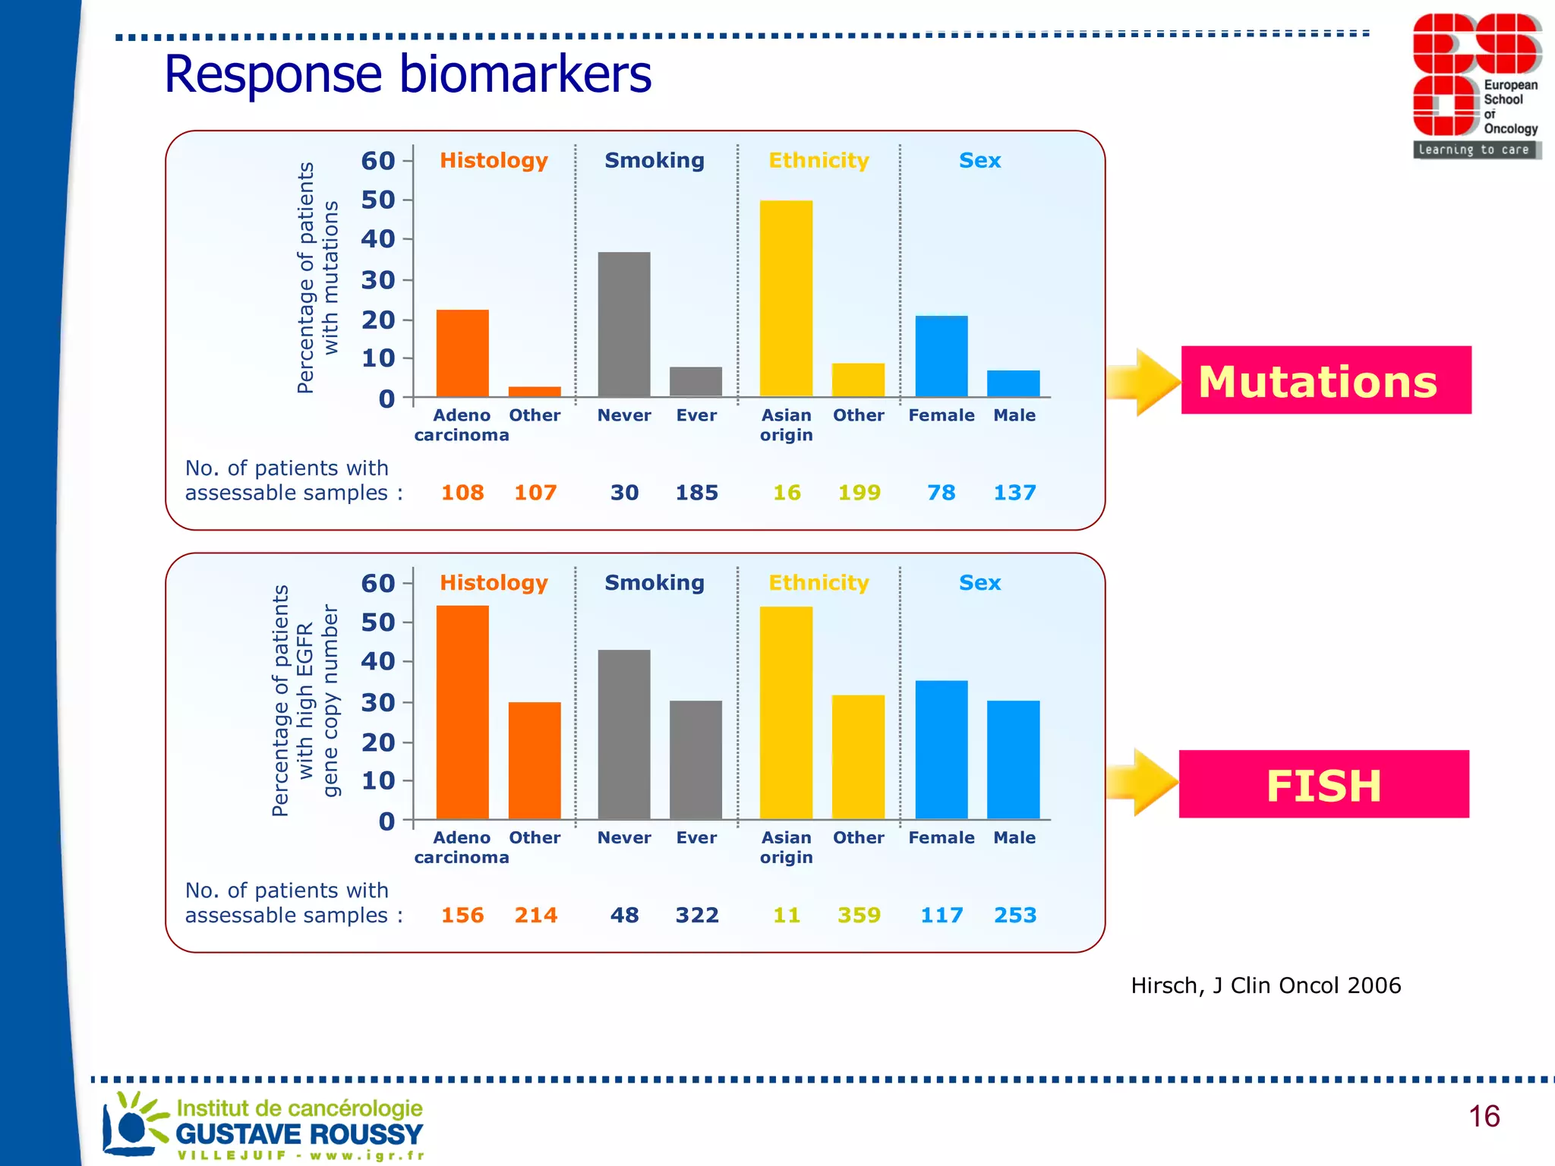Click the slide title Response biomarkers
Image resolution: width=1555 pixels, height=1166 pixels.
pos(408,74)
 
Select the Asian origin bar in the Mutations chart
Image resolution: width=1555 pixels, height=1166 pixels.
pos(786,298)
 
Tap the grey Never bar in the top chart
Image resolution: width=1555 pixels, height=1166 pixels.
pos(623,324)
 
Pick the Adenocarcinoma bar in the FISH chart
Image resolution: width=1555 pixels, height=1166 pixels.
pos(462,712)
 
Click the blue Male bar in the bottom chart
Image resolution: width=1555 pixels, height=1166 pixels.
pos(1013,759)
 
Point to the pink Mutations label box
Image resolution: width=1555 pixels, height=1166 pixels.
pos(1325,380)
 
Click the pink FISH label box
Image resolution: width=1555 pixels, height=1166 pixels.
pos(1323,784)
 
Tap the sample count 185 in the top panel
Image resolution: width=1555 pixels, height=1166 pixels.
pos(696,493)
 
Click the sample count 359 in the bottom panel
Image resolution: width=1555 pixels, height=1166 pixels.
pos(859,915)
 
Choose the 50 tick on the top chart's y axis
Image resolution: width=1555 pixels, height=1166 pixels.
pos(378,200)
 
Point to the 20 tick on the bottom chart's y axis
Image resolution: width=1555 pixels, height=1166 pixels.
pos(378,742)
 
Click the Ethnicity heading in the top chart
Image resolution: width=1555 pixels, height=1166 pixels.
pos(819,160)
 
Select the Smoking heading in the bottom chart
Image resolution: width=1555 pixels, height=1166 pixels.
pos(654,582)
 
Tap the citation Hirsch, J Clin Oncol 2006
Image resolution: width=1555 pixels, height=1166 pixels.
pos(1265,985)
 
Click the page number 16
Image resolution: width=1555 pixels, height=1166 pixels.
pos(1483,1116)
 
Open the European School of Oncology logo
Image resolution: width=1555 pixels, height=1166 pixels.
pos(1475,86)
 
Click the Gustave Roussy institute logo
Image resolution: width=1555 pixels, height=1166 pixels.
pos(263,1126)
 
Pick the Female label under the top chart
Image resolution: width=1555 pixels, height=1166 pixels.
pos(941,415)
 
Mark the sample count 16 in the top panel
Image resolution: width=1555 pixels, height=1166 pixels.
pos(787,493)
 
